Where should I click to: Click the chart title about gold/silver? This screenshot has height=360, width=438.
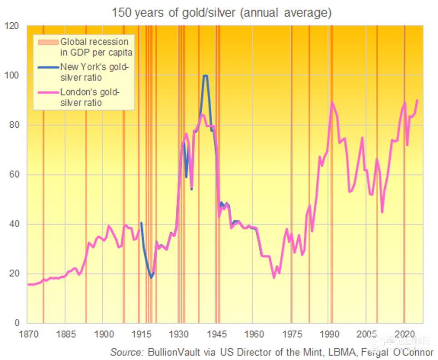pyautogui.click(x=221, y=12)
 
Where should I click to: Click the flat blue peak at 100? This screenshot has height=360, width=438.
pyautogui.click(x=205, y=76)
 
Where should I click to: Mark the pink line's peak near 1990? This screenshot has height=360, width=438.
pyautogui.click(x=332, y=102)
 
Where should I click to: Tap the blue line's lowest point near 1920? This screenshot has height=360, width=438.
pyautogui.click(x=151, y=277)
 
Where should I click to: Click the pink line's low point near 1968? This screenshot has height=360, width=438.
pyautogui.click(x=274, y=277)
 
